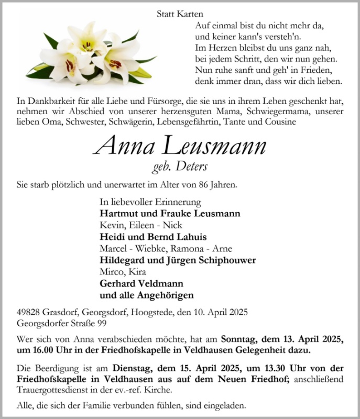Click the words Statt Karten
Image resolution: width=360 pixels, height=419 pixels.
coord(180,15)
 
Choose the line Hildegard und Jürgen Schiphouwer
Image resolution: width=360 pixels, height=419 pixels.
coord(177,260)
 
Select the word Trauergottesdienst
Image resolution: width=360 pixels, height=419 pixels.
coord(62,389)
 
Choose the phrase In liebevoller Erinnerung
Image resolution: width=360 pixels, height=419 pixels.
coord(150,202)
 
